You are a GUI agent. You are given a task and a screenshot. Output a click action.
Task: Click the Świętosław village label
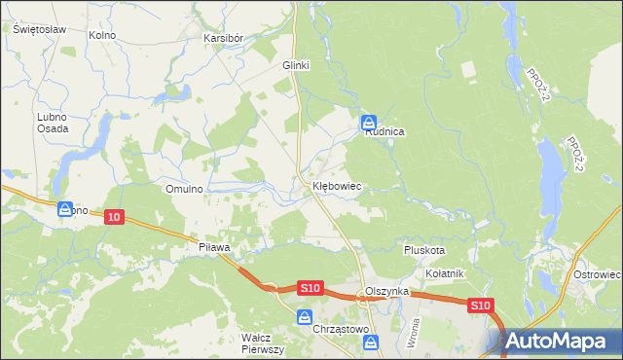pos(39,29)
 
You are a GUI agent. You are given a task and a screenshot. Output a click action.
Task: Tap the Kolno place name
pos(102,36)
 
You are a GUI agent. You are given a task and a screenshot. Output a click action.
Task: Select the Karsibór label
pos(223,38)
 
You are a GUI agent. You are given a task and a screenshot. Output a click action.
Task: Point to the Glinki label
pos(295,65)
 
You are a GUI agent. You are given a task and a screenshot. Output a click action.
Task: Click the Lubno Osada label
pos(53,123)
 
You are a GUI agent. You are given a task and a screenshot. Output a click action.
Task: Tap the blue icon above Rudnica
pos(369,123)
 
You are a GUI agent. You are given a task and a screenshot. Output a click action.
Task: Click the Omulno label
pos(184,189)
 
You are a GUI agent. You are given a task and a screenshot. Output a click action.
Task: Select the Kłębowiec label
pos(337,184)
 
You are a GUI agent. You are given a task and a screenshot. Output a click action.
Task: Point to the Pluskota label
pos(424,250)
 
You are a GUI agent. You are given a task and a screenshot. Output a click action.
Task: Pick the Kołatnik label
pos(445,274)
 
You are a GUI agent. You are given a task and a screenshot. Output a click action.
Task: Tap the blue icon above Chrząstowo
pos(305,317)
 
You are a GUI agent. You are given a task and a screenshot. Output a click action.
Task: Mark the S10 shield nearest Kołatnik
pos(480,306)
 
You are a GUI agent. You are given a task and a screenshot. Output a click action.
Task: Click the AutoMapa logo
pos(564,342)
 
